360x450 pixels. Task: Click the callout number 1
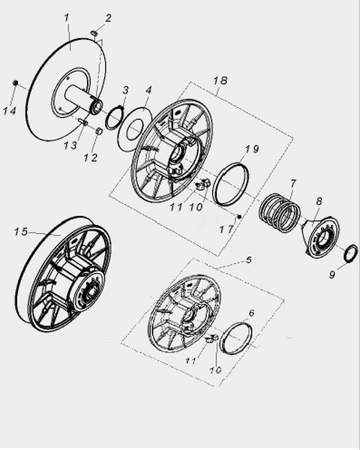[67, 18]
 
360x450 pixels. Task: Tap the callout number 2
[108, 18]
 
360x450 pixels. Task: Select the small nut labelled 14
[16, 83]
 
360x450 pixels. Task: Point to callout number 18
[220, 80]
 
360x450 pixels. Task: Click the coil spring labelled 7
[279, 213]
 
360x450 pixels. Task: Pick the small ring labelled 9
[351, 253]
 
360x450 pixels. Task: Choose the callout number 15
[21, 231]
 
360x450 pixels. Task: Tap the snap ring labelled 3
[115, 118]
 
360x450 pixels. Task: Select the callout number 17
[226, 229]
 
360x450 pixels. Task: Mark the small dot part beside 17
[238, 216]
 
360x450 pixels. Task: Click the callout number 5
[248, 259]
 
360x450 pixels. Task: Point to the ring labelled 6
[237, 338]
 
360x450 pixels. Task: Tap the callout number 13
[70, 145]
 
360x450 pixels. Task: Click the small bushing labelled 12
[98, 131]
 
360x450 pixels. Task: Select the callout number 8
[319, 201]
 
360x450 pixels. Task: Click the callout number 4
[148, 90]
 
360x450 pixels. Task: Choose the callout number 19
[252, 149]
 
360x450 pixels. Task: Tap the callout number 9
[331, 274]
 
